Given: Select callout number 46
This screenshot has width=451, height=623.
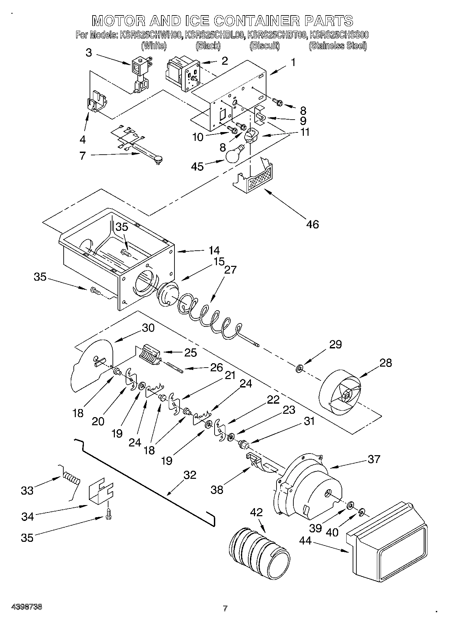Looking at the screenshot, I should point(313,224).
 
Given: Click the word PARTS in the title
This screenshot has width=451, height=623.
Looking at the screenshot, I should point(329,21).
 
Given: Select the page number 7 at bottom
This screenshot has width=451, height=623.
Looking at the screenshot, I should point(225,609).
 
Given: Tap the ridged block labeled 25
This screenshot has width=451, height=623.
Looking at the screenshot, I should point(149,354).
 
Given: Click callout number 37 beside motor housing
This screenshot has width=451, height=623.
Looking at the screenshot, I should point(374,459).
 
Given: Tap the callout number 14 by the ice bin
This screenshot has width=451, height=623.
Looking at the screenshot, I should point(214,251).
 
